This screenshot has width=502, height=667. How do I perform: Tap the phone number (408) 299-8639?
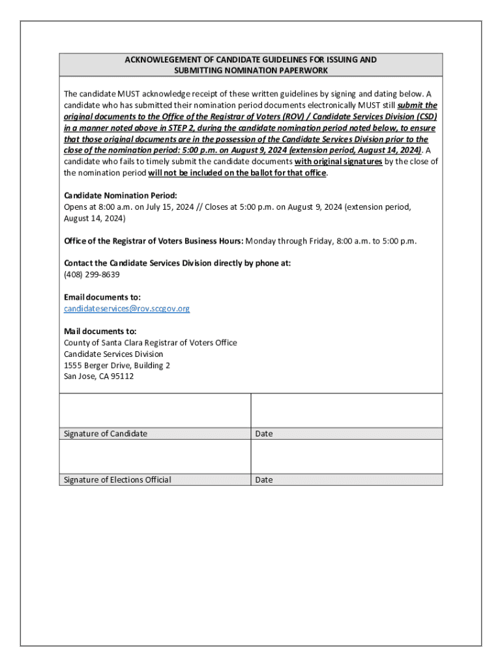click(91, 274)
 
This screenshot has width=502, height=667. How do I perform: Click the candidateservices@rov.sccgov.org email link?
click(126, 308)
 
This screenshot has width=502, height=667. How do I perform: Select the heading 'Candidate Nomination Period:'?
click(121, 195)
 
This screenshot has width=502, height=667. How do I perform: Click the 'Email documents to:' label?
click(102, 297)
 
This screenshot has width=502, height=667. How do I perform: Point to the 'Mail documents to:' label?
click(100, 331)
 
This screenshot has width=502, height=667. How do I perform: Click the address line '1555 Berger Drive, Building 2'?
click(117, 365)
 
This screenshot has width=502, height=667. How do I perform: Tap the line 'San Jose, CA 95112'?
click(98, 376)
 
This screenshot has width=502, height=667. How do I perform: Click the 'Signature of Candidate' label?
click(105, 434)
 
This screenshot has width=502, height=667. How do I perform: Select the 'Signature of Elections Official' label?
click(117, 480)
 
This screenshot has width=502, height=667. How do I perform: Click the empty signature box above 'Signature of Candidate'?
click(155, 410)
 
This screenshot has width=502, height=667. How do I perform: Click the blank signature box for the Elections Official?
click(155, 456)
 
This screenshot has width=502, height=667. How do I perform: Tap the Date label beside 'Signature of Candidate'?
click(264, 434)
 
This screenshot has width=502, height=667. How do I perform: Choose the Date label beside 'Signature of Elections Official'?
click(264, 480)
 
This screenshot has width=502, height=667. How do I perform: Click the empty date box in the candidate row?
click(346, 410)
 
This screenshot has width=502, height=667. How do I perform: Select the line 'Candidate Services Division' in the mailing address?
click(113, 354)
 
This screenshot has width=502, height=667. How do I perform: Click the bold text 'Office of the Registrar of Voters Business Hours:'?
click(153, 241)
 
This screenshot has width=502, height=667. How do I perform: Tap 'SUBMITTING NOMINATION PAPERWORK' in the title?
click(251, 70)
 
